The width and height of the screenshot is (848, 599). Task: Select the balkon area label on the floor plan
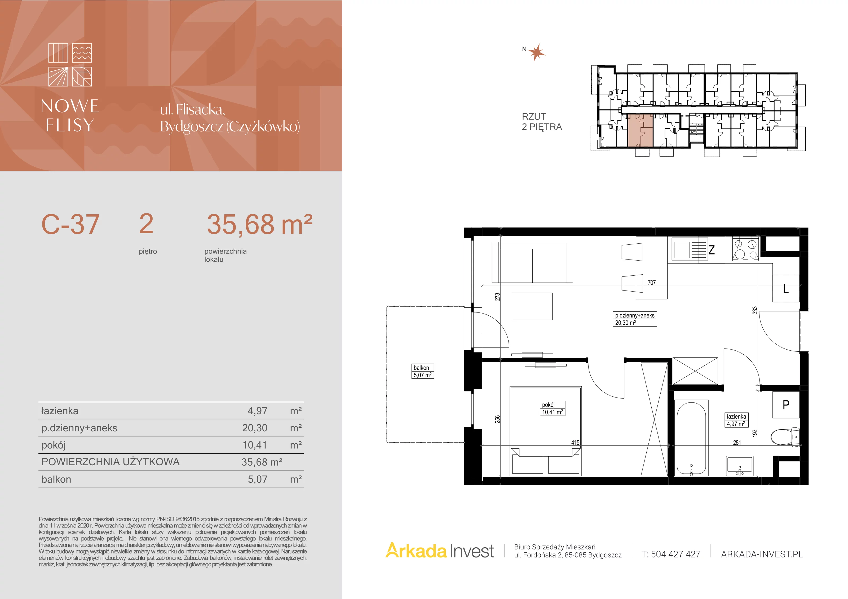tap(422, 371)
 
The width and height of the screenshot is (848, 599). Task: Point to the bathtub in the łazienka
tap(691, 438)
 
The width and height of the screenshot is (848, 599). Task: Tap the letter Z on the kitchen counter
tap(711, 250)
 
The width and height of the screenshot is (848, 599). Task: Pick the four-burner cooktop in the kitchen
tap(745, 249)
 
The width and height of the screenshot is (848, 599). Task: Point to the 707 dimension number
tap(652, 283)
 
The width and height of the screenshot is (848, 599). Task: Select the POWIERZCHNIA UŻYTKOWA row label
tap(111, 462)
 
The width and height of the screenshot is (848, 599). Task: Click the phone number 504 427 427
tap(675, 554)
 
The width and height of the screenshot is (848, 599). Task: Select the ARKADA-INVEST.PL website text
tap(762, 554)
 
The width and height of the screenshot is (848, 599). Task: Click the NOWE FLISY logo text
tap(70, 115)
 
